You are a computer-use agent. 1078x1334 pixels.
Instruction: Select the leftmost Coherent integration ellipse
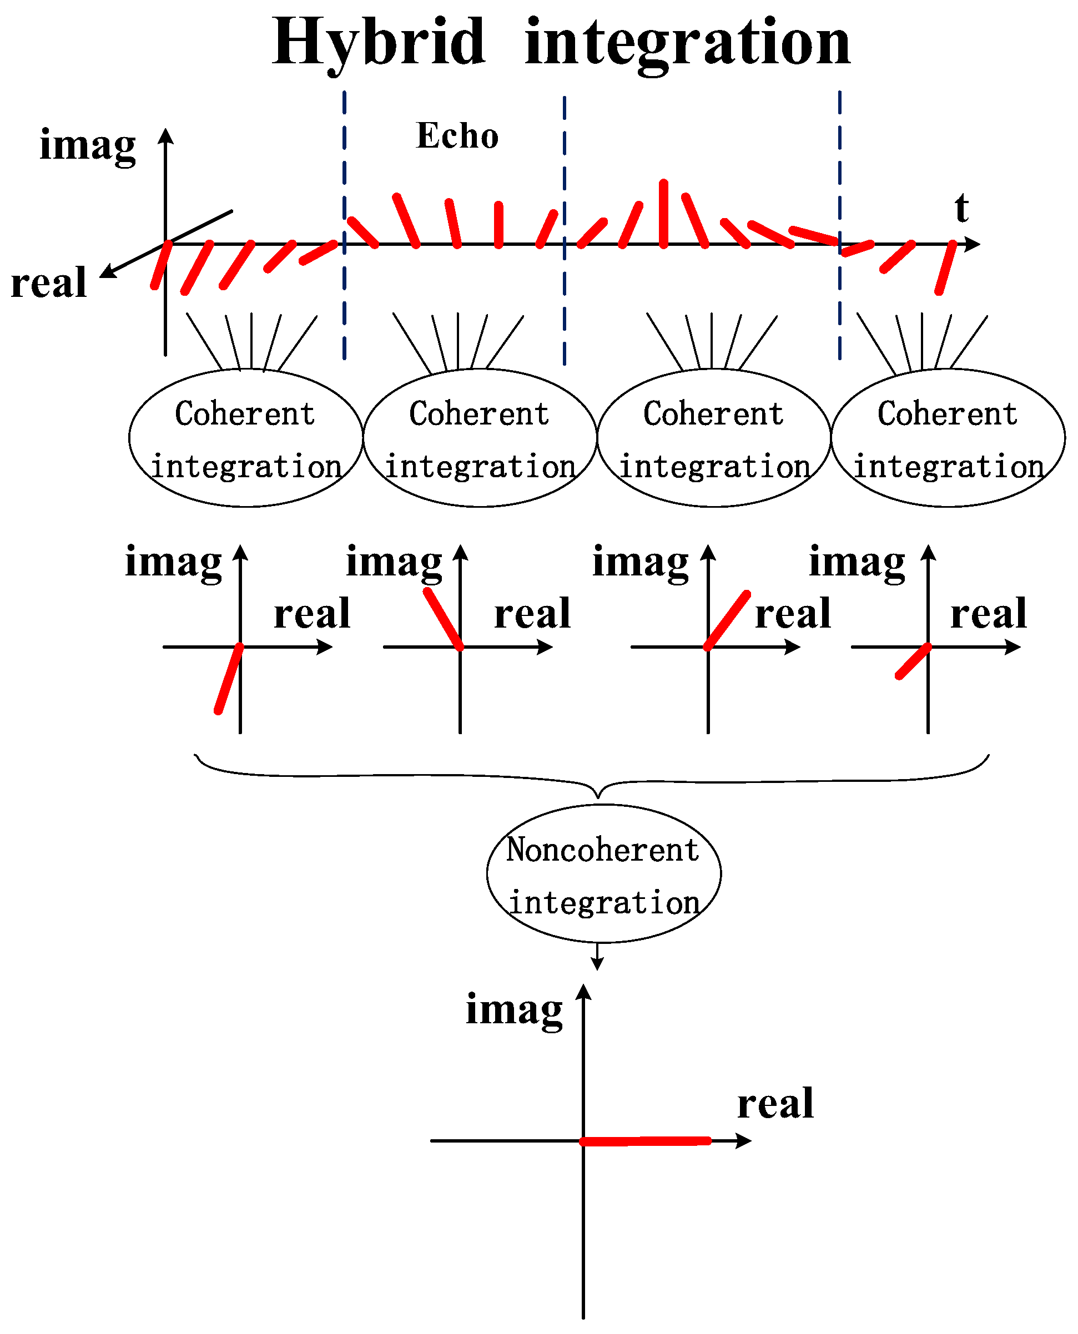pos(246,438)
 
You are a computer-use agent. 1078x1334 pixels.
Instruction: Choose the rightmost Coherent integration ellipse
pos(948,438)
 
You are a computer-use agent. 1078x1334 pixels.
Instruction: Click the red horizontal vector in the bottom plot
pos(646,1141)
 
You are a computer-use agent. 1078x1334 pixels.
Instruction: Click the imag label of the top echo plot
pos(88,145)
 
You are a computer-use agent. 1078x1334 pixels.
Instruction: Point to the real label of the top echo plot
pos(48,283)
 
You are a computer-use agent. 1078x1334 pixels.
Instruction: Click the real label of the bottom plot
pos(775,1104)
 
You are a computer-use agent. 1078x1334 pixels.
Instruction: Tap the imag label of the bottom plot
pos(514,1010)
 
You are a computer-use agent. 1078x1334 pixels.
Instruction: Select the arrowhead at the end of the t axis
pos(974,244)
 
